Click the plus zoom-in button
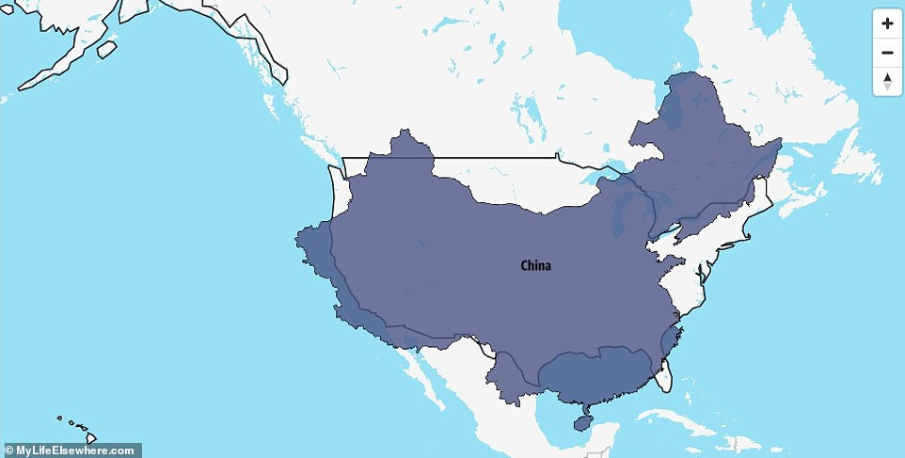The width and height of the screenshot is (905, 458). tap(887, 23)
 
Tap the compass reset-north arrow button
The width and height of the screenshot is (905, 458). tap(887, 82)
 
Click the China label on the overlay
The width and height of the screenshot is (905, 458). tap(536, 266)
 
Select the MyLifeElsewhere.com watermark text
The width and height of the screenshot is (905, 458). tap(71, 450)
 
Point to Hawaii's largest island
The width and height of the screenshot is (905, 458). tap(90, 436)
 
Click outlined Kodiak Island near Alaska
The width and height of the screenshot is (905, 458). tap(106, 47)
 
